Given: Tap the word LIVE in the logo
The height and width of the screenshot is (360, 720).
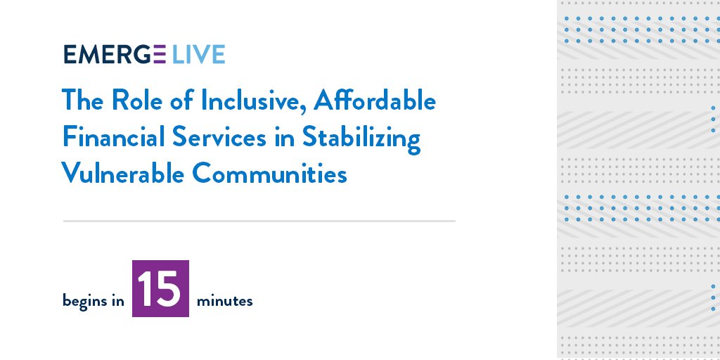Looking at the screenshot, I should click(x=198, y=55).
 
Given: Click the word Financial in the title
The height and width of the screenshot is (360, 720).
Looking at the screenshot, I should click(x=113, y=138).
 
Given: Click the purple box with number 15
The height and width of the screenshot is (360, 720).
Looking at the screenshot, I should click(x=160, y=288).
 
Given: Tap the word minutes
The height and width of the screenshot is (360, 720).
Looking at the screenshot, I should click(x=224, y=302).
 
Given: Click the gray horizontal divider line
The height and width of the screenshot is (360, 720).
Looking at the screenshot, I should click(x=259, y=221).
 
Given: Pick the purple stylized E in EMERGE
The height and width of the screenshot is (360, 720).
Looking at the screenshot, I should click(x=158, y=55).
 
